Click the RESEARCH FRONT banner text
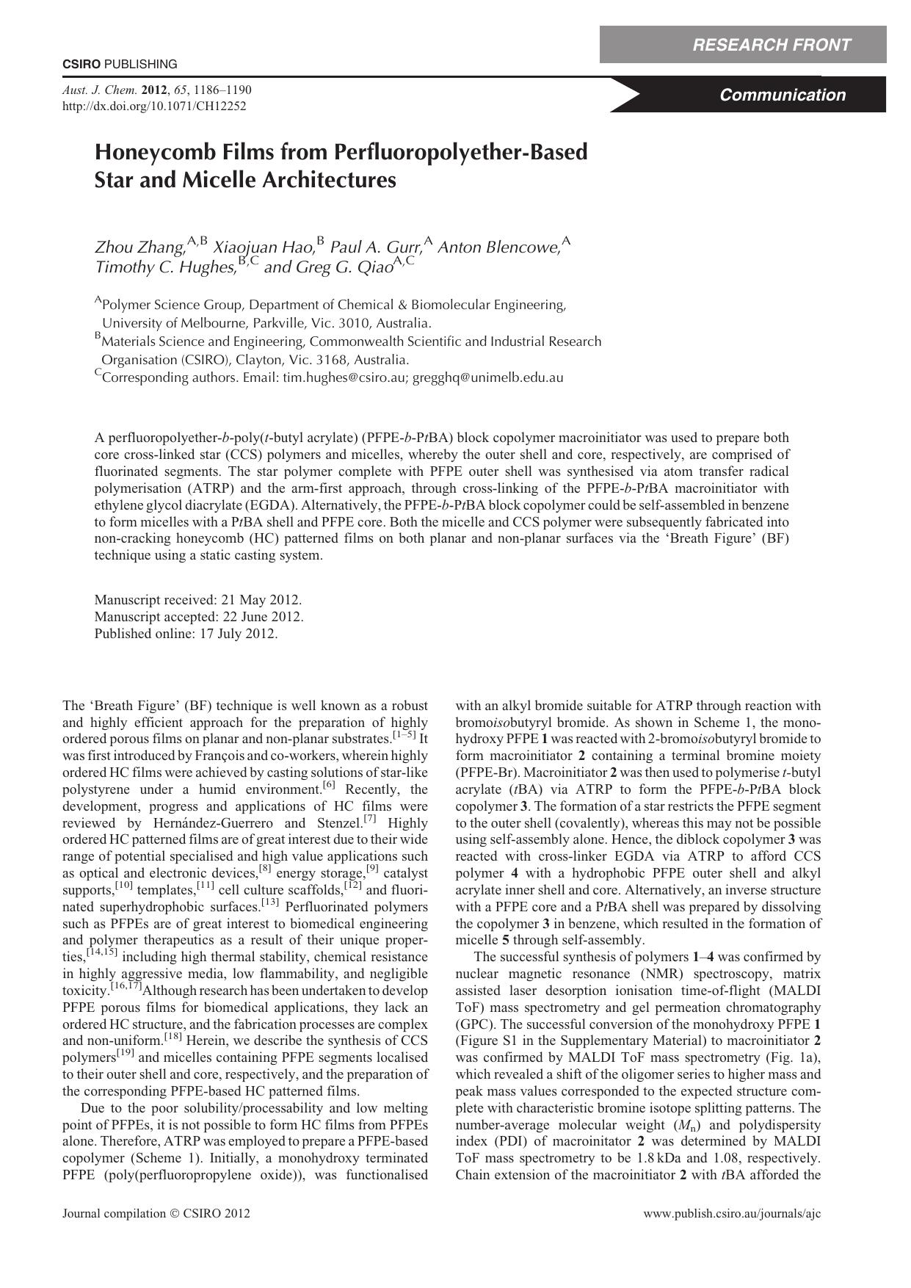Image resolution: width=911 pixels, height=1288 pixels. (772, 46)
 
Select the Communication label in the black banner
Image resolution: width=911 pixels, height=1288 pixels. (783, 95)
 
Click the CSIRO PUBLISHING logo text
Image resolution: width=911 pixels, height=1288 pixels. (120, 65)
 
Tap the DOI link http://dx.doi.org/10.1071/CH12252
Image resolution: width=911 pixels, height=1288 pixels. (154, 106)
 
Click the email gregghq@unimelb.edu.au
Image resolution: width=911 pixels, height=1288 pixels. (488, 378)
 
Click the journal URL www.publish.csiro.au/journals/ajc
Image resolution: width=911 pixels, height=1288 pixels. (732, 1214)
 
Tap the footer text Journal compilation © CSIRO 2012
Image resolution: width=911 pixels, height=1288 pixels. (156, 1214)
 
